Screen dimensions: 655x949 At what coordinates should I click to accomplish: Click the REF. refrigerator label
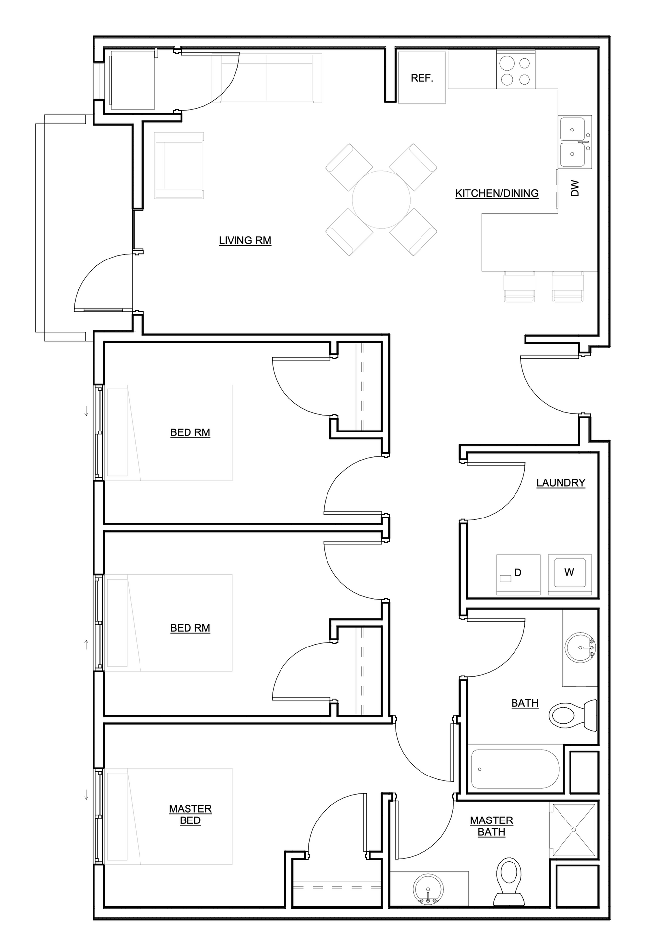(422, 78)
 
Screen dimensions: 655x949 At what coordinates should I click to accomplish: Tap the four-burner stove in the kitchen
(515, 71)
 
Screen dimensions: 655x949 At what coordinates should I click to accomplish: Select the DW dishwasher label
(575, 188)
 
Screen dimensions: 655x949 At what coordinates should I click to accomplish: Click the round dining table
(381, 200)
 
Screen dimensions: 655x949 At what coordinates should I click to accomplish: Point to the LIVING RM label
(245, 241)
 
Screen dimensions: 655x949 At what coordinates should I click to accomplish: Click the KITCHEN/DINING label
(497, 193)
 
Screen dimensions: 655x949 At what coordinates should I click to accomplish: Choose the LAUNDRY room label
(561, 483)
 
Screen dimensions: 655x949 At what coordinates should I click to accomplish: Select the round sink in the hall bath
(580, 647)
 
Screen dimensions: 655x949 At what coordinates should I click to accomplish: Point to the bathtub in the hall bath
(515, 770)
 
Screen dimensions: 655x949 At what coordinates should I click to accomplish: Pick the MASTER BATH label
(491, 826)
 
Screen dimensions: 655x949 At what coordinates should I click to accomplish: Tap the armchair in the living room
(179, 166)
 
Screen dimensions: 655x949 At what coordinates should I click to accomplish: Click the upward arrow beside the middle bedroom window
(86, 644)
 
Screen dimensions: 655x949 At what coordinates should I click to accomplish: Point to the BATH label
(525, 703)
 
